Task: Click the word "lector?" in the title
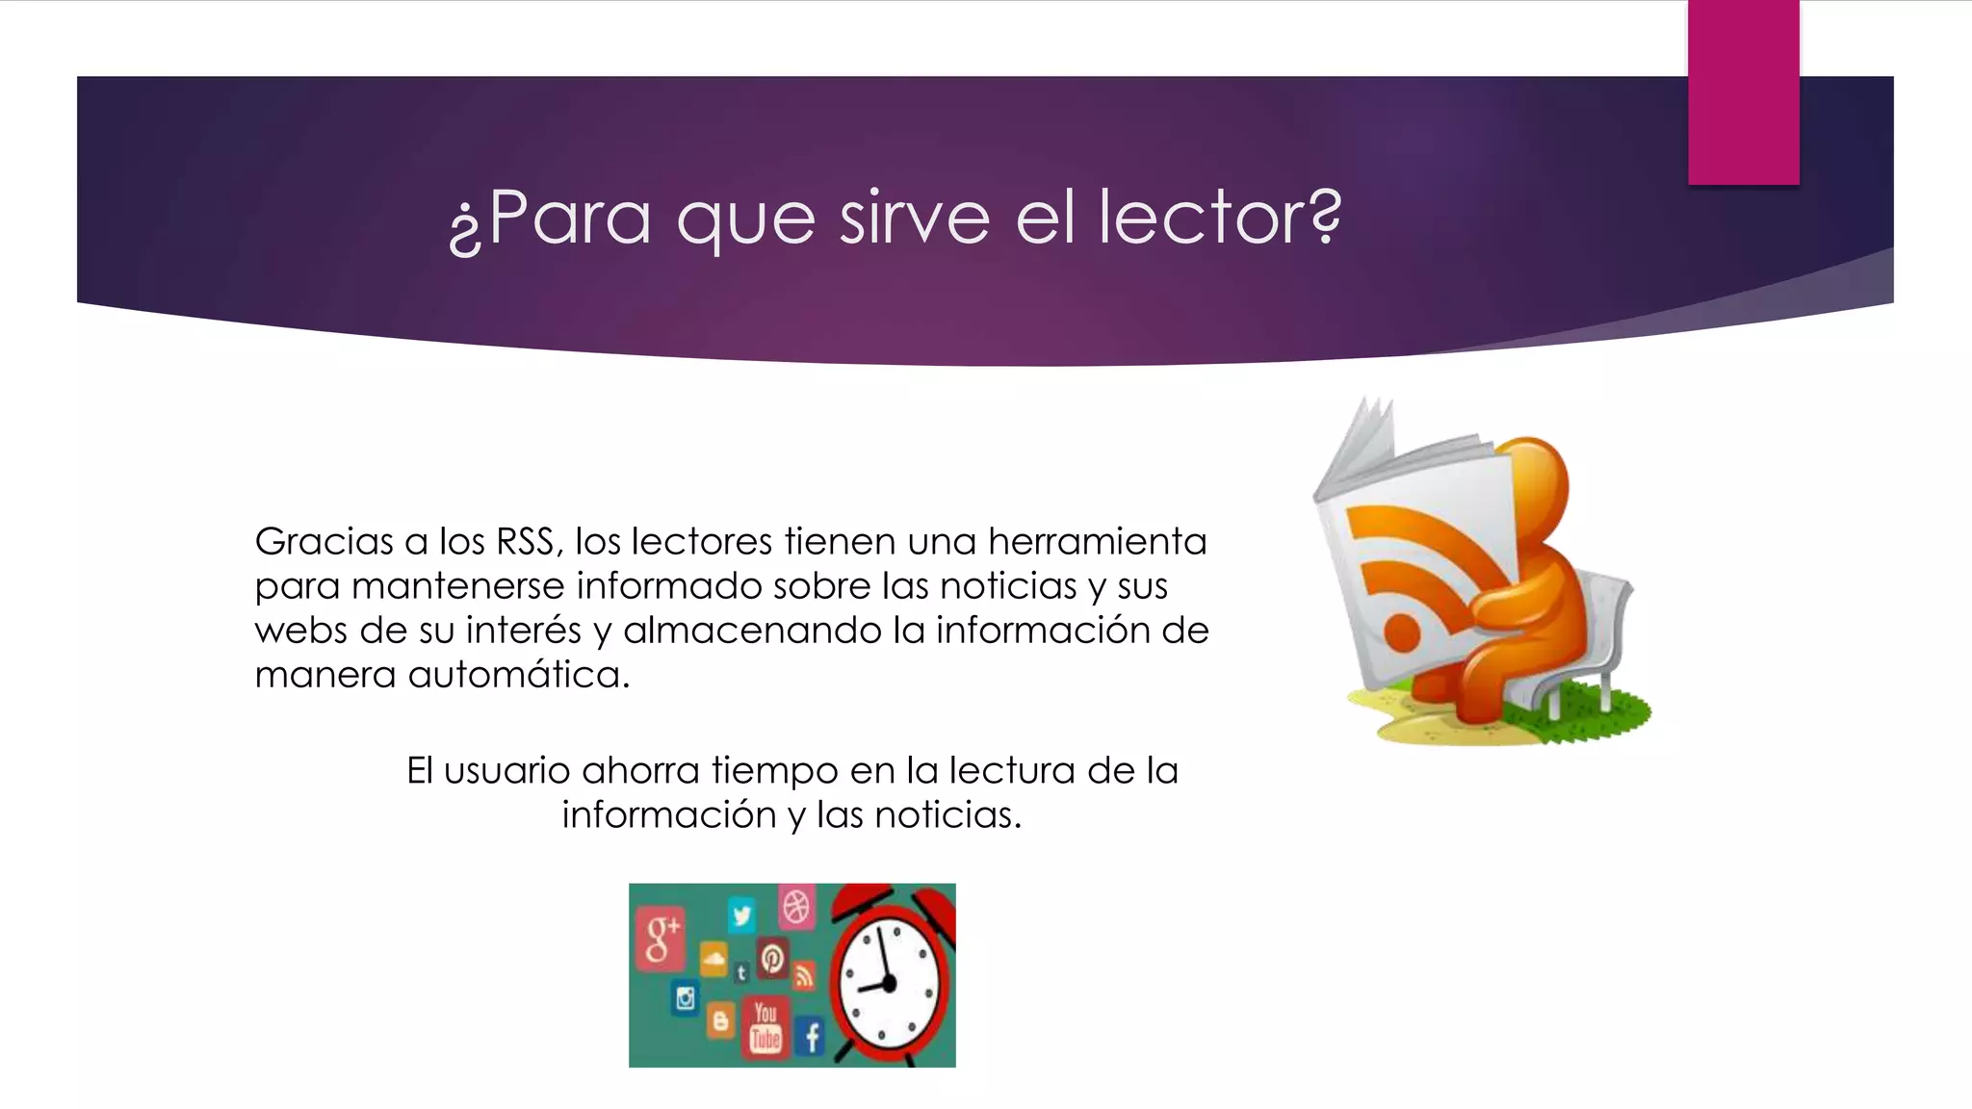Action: click(x=1220, y=218)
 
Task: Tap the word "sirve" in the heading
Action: click(x=914, y=218)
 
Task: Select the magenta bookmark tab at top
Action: click(x=1743, y=92)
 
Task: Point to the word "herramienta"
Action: click(x=1097, y=542)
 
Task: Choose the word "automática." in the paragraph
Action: click(x=519, y=675)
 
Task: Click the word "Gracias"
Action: click(x=324, y=542)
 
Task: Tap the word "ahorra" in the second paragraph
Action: click(x=640, y=771)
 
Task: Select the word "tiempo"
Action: click(x=775, y=771)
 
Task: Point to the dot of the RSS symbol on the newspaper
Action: click(x=1402, y=633)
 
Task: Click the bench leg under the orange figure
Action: click(x=1553, y=704)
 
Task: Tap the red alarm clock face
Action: click(x=887, y=982)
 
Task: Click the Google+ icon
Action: click(x=661, y=936)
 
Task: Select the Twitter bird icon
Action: click(x=741, y=914)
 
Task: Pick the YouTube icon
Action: click(x=765, y=1026)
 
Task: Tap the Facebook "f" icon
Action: click(x=812, y=1038)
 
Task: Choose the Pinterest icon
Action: click(x=772, y=958)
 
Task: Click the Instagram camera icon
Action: click(x=686, y=998)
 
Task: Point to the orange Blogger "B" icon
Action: click(x=720, y=1021)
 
